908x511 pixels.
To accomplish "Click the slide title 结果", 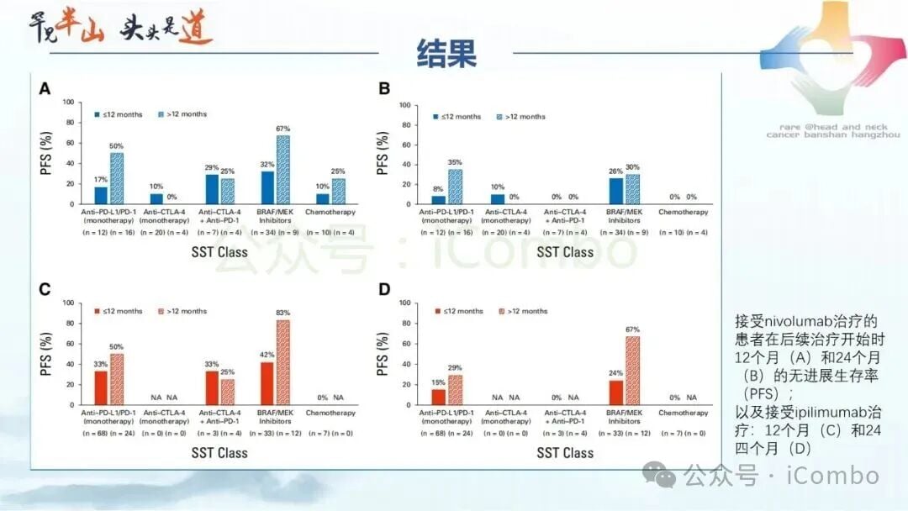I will pyautogui.click(x=446, y=51).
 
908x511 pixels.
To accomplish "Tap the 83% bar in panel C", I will pyautogui.click(x=282, y=362).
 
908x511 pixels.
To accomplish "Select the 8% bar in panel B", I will pyautogui.click(x=439, y=200).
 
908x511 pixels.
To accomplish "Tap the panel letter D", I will pyautogui.click(x=385, y=290).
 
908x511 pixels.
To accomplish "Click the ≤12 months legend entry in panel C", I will pyautogui.click(x=117, y=311).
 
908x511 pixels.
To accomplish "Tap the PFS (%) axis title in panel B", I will pyautogui.click(x=383, y=154).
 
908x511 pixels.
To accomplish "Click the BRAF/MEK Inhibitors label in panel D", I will pyautogui.click(x=623, y=417).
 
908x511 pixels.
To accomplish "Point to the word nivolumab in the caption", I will pyautogui.click(x=799, y=321).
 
